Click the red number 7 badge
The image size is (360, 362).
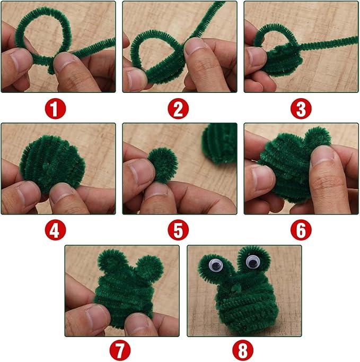(x=120, y=351)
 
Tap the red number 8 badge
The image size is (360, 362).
(x=243, y=351)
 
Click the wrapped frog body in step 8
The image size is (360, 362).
(x=234, y=305)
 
